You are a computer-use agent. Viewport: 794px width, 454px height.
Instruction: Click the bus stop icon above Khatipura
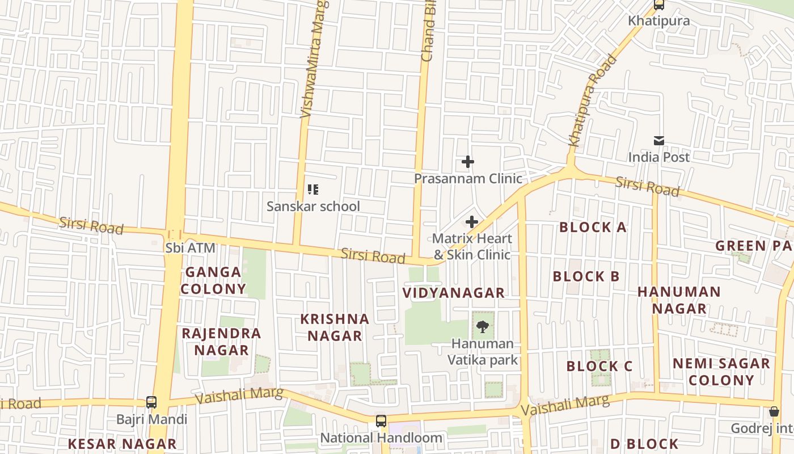click(x=658, y=5)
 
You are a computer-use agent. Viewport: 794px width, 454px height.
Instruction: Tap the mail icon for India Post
click(x=658, y=141)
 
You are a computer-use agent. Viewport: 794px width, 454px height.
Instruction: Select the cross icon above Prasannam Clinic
click(x=468, y=162)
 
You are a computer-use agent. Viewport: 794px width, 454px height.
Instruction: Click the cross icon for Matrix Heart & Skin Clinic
click(x=471, y=222)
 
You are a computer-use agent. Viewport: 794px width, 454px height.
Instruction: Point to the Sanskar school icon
click(x=312, y=190)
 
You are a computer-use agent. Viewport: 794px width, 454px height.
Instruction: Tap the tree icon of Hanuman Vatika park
click(x=483, y=326)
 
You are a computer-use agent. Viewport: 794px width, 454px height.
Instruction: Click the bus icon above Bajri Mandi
click(x=151, y=402)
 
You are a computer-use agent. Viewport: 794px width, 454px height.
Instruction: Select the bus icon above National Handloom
click(x=381, y=421)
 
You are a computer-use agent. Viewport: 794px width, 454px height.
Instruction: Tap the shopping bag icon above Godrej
click(x=774, y=411)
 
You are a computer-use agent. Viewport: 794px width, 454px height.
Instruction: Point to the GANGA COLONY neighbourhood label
click(x=213, y=280)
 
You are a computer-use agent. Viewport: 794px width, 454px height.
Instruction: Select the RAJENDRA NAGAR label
click(x=221, y=342)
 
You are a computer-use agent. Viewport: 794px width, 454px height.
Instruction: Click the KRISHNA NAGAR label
click(x=335, y=327)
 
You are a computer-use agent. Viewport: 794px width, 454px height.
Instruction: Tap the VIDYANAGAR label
click(x=453, y=293)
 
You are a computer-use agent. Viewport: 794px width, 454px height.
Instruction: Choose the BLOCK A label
click(x=593, y=228)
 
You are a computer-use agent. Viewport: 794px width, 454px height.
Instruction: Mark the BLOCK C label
click(x=599, y=367)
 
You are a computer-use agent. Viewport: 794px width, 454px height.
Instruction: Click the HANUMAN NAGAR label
click(x=679, y=300)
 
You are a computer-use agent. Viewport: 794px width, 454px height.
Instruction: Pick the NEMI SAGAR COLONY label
click(x=721, y=372)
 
